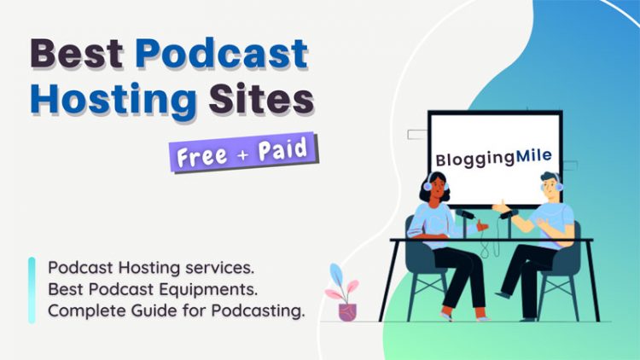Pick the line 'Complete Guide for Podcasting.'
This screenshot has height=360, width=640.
click(x=176, y=311)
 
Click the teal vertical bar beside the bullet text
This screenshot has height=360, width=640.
click(x=32, y=289)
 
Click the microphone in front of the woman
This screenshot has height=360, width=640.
click(x=465, y=214)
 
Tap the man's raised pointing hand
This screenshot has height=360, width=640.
click(x=497, y=206)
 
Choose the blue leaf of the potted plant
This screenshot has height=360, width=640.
click(x=337, y=276)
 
